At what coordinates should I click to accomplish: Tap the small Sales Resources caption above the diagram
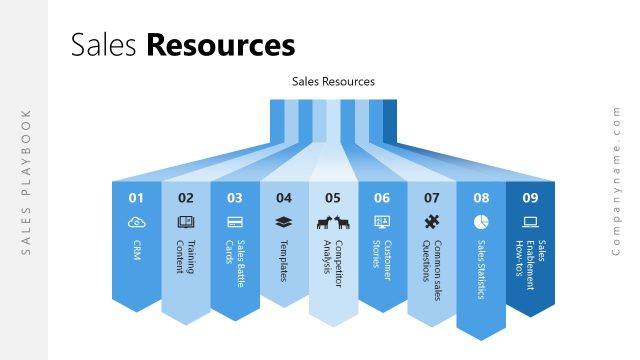(333, 82)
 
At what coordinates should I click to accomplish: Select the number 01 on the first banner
(136, 198)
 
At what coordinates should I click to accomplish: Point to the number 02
(186, 198)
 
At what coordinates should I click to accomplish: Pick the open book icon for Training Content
(186, 221)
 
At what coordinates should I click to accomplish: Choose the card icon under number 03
(235, 221)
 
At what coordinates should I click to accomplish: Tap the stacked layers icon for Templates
(284, 221)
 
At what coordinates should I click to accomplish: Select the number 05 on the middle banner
(333, 198)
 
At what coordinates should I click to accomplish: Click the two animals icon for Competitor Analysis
(333, 222)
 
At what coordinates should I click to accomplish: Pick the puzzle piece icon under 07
(431, 221)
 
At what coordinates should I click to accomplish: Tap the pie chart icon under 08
(481, 221)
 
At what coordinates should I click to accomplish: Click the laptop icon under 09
(530, 221)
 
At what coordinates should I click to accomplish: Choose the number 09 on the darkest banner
(530, 198)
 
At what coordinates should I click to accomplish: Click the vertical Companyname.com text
(617, 180)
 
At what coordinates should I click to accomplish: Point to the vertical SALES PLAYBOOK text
(27, 180)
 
